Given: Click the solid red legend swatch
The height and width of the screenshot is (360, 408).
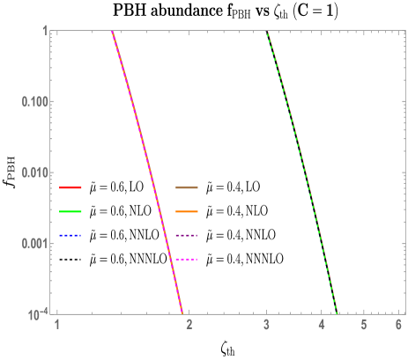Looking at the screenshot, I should click(70, 187).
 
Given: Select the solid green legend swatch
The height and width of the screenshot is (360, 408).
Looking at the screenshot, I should click(70, 212).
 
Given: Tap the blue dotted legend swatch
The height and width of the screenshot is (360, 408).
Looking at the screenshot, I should click(70, 236).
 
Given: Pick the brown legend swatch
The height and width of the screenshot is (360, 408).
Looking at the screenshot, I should click(187, 187).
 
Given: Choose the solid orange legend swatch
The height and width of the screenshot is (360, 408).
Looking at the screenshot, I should click(187, 212).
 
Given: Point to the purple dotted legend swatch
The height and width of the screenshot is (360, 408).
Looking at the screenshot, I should click(187, 236).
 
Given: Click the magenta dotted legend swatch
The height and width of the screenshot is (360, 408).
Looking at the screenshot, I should click(187, 260).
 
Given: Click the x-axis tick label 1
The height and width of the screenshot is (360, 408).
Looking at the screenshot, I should click(57, 326).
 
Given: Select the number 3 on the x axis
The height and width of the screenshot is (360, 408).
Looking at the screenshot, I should click(267, 326).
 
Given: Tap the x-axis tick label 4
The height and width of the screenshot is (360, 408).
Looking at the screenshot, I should click(323, 326).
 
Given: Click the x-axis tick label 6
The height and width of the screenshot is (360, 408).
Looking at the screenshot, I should click(399, 326).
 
